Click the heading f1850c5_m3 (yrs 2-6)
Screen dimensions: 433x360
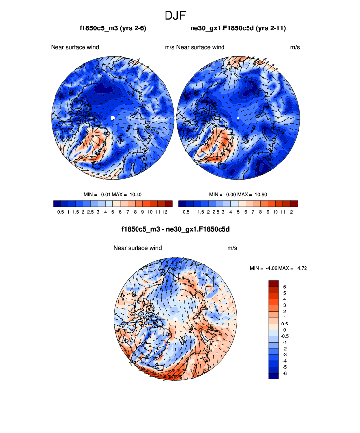point(113,29)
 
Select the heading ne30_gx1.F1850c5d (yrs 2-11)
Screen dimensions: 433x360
point(238,29)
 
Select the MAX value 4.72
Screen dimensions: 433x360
point(300,268)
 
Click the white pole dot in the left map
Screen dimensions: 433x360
point(113,118)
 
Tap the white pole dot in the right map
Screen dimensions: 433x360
point(238,118)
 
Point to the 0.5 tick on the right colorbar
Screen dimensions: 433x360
point(186,212)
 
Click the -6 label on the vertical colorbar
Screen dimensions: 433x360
point(285,373)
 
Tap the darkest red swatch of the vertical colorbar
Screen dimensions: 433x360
point(274,283)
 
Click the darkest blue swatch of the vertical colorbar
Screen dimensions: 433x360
point(274,376)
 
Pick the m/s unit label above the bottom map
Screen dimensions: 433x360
point(232,248)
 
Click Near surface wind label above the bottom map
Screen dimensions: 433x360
point(138,248)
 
